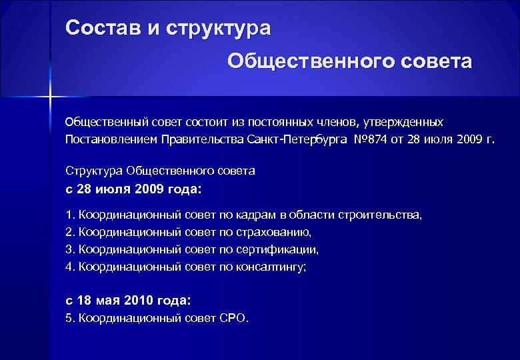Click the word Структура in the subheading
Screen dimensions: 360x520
pyautogui.click(x=91, y=171)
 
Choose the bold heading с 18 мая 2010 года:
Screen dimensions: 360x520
pyautogui.click(x=128, y=301)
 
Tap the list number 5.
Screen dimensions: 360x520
pyautogui.click(x=69, y=318)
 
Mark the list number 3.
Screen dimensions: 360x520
pyautogui.click(x=69, y=249)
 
